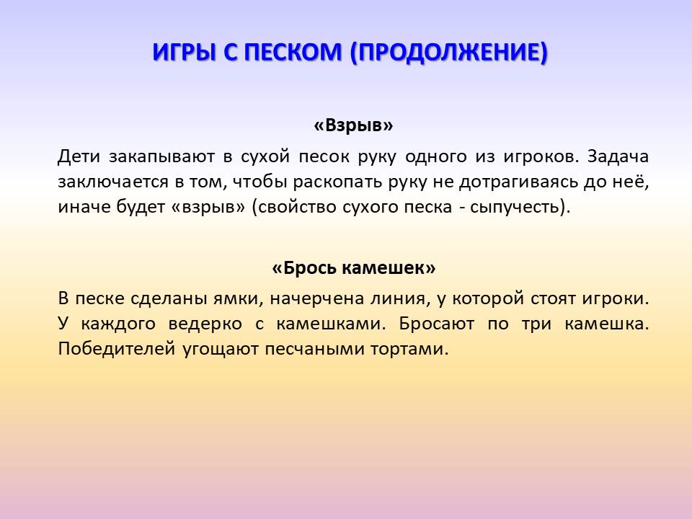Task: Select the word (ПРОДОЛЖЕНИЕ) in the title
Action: (449, 53)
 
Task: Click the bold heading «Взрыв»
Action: (353, 125)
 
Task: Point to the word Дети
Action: (79, 156)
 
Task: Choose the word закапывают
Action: (161, 157)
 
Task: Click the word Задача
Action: (618, 156)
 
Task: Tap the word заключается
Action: (113, 182)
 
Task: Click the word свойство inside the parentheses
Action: (297, 207)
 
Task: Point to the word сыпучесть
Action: (515, 208)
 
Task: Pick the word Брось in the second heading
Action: (309, 267)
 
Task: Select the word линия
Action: (400, 299)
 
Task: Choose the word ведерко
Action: (205, 324)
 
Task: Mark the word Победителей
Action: (117, 349)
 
